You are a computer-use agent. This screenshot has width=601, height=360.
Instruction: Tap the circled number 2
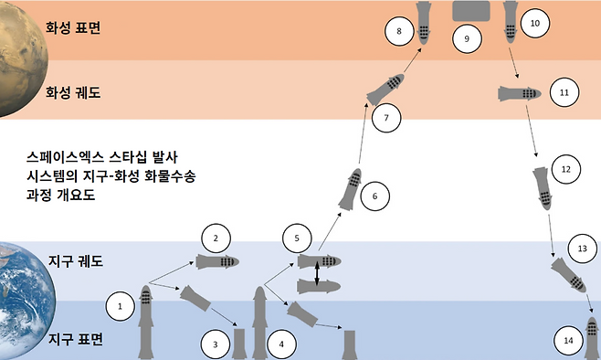[216, 238]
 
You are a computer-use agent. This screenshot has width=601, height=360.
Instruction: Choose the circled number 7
[386, 118]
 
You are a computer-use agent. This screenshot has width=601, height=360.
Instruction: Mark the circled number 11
[564, 92]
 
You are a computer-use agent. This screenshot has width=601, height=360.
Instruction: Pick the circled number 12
[566, 169]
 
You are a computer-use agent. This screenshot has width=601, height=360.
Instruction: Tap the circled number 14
[568, 340]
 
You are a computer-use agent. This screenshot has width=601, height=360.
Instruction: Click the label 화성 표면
[73, 26]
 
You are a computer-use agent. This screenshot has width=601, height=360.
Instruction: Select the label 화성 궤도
[73, 92]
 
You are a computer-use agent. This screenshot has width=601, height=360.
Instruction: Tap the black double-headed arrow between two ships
[317, 274]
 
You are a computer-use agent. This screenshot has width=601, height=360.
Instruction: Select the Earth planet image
[23, 297]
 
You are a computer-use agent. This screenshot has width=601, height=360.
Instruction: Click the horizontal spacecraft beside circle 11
[521, 92]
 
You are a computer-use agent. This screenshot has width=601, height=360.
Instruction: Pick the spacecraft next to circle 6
[350, 190]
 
